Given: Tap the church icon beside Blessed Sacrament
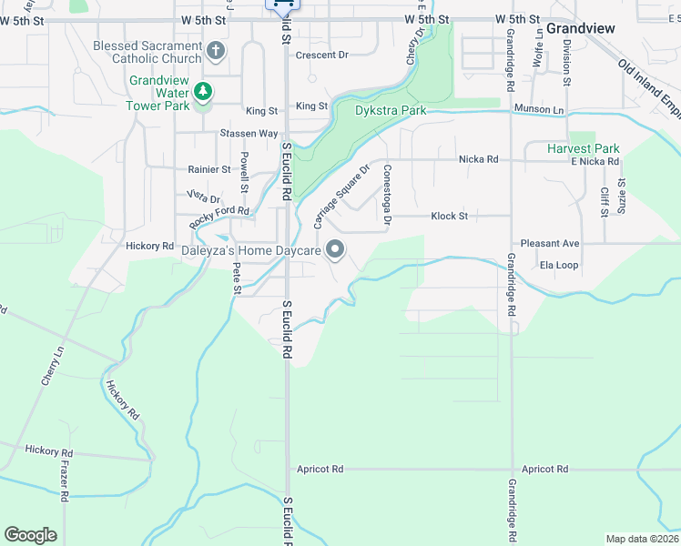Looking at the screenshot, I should click(216, 51).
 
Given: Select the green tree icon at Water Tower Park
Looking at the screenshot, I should click(202, 93).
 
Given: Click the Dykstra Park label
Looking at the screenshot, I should click(390, 110).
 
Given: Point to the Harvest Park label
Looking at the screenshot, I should click(584, 148).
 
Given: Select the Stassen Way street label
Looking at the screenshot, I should click(249, 133).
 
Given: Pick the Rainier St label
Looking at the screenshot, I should click(208, 169).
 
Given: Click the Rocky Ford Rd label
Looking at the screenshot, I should click(219, 218).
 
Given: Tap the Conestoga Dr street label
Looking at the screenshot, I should click(387, 194).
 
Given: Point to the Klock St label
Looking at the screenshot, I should click(449, 217).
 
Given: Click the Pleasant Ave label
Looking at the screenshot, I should click(549, 244).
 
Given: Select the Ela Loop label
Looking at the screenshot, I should click(559, 266).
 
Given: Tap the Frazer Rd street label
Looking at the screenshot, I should click(66, 480).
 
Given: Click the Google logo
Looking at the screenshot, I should click(30, 534).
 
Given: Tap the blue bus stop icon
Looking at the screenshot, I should click(283, 5).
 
